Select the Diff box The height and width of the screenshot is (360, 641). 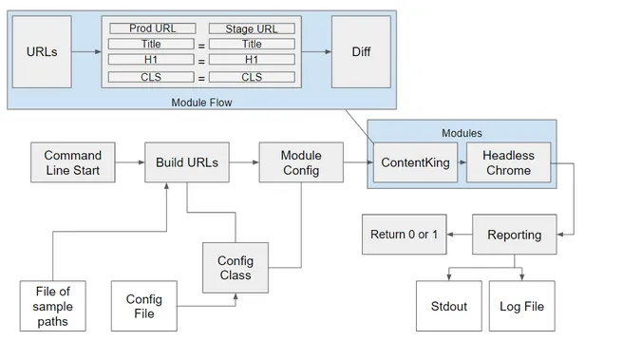[360, 52]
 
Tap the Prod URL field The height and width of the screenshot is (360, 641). [152, 28]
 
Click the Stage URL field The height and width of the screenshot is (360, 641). [252, 28]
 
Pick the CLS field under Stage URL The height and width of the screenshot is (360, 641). [252, 76]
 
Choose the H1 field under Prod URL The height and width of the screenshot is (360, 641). [152, 59]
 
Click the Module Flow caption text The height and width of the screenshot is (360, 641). [200, 101]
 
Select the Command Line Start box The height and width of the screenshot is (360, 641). [72, 163]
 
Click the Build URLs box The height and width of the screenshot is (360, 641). [187, 163]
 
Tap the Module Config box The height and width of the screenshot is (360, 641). [301, 163]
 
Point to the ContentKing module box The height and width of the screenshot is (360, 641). [415, 163]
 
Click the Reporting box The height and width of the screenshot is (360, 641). [514, 235]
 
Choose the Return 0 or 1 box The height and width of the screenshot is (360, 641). [405, 235]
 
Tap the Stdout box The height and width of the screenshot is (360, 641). [442, 307]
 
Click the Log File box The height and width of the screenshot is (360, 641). [521, 307]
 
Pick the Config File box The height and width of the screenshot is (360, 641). [144, 307]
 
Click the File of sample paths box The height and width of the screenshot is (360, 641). [54, 307]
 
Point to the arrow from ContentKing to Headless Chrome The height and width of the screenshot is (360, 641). [461, 163]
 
